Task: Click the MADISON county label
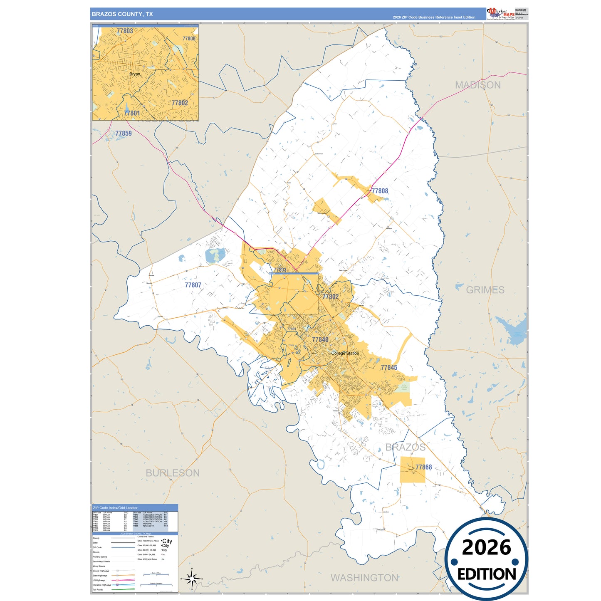tap(477, 85)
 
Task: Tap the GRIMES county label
tap(485, 290)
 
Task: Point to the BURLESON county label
tap(173, 473)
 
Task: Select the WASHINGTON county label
tap(364, 578)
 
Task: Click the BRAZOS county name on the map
tap(405, 448)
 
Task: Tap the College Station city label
tap(345, 353)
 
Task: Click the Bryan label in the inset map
tap(135, 74)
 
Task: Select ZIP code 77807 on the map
tap(193, 285)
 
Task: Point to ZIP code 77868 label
tap(423, 467)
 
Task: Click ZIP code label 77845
tap(389, 368)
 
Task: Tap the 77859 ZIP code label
tap(124, 134)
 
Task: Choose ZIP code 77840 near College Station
tap(320, 340)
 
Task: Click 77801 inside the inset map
tap(132, 113)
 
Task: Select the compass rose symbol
tap(191, 579)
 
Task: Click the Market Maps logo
tap(501, 14)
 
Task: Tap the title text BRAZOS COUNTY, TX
tap(122, 14)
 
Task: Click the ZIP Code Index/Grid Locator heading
tap(115, 508)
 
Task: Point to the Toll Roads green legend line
tap(123, 589)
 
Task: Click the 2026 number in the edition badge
tap(486, 548)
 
